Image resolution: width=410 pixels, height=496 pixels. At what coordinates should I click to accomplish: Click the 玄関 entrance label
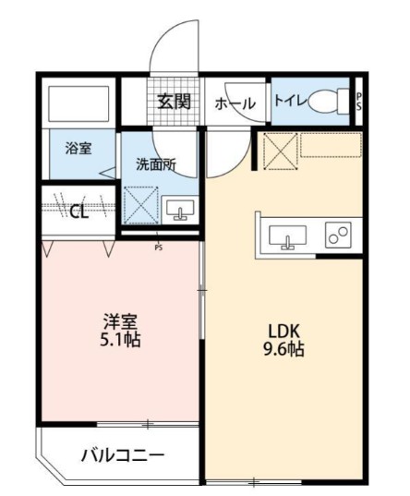click(174, 102)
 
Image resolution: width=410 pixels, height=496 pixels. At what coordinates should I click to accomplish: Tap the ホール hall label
click(235, 103)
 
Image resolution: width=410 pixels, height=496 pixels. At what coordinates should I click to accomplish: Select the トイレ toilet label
click(291, 101)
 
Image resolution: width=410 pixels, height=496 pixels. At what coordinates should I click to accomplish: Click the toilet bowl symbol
click(328, 102)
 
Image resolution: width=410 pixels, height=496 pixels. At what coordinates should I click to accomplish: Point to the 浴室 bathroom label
click(78, 149)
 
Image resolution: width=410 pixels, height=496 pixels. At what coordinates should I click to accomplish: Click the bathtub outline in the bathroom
click(78, 103)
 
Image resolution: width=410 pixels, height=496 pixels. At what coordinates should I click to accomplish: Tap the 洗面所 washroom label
click(156, 164)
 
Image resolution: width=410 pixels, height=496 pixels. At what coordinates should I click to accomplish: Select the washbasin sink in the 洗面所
click(180, 210)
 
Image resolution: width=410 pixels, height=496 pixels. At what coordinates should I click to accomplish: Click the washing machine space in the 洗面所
click(141, 205)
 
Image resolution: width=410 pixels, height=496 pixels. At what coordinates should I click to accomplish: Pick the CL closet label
click(78, 212)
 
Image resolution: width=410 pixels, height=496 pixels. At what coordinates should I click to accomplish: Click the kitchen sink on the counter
click(287, 237)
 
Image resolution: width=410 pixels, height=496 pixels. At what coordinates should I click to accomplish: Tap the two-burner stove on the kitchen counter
click(338, 235)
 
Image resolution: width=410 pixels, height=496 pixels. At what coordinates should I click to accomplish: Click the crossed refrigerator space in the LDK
click(281, 151)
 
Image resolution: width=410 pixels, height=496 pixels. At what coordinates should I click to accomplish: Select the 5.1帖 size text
click(120, 340)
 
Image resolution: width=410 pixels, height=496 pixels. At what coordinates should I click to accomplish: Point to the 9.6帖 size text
click(283, 349)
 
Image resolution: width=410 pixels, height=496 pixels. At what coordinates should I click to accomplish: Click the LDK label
click(283, 332)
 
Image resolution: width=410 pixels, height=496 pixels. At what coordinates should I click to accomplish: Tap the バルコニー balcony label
click(123, 455)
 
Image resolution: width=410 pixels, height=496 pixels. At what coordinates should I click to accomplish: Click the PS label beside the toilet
click(358, 102)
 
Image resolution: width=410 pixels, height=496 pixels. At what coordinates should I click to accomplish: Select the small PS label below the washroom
click(159, 248)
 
